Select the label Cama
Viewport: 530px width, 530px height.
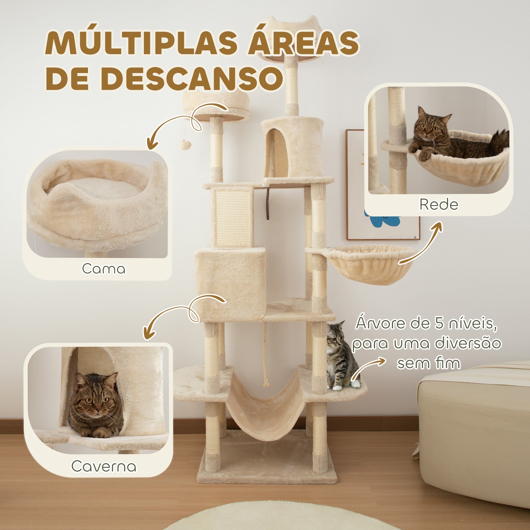coord(104,269)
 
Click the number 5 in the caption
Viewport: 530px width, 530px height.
coord(440,324)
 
